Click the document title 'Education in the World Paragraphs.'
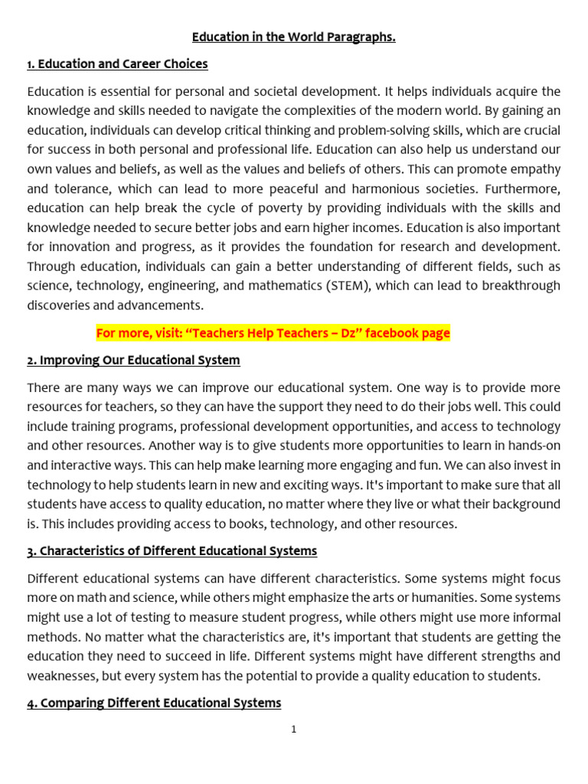293,37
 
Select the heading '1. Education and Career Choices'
117,64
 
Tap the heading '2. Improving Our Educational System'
133,360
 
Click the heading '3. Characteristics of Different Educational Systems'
171,550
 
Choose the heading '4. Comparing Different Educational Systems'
154,702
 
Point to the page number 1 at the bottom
294,730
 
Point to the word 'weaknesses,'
64,675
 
